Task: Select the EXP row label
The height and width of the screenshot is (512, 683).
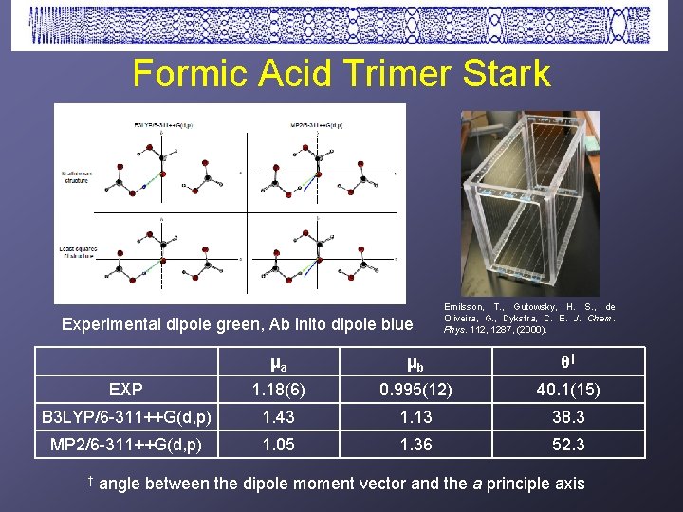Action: pos(126,389)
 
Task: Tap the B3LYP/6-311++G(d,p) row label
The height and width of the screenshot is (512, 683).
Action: pos(126,416)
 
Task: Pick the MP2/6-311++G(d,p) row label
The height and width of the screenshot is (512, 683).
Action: pos(126,444)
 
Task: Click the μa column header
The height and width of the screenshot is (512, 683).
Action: pos(278,362)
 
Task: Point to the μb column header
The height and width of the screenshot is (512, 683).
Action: pos(415,362)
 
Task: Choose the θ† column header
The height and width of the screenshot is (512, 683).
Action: pos(567,362)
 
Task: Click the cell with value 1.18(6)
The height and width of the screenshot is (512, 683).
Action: pos(278,389)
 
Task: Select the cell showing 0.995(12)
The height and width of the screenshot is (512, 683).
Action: pos(415,389)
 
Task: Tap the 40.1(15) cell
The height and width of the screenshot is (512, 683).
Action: pos(567,389)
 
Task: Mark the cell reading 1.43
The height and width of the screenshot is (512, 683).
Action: pos(278,416)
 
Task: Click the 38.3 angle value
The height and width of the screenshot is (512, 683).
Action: pos(567,416)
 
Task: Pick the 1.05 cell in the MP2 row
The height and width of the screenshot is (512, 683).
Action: pos(278,444)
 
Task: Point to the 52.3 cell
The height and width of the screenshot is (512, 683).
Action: pos(567,444)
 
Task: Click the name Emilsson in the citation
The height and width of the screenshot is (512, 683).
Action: pos(465,307)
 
